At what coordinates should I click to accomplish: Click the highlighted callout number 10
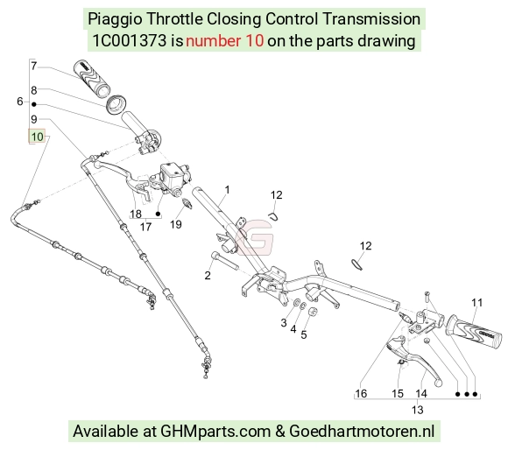pos(38,137)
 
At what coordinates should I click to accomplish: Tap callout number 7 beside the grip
pos(34,66)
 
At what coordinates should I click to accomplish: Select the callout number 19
pos(176,224)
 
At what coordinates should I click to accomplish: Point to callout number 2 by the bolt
pos(208,276)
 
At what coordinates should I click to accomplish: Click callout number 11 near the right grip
pos(476,303)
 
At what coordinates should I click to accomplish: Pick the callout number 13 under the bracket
pos(418,410)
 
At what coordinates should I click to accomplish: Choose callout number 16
pos(361,394)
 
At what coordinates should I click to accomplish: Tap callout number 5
pos(304,334)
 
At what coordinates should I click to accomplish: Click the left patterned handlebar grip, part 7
pos(92,78)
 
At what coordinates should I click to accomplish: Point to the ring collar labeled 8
pos(116,104)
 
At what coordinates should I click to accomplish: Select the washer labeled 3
pos(296,303)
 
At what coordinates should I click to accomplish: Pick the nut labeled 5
pos(313,312)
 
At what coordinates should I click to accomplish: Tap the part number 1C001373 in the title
pos(130,41)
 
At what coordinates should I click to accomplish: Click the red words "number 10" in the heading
pos(224,41)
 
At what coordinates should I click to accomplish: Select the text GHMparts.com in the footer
pos(215,432)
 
